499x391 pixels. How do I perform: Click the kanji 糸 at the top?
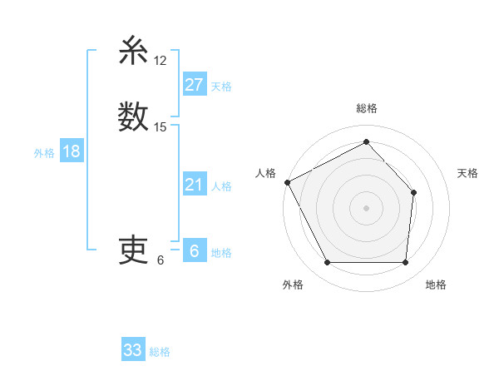[x=133, y=52]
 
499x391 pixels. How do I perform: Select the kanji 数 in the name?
[x=133, y=116]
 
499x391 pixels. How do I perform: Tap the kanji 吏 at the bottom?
[x=133, y=249]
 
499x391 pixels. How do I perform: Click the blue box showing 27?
[x=194, y=84]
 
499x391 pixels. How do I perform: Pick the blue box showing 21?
[x=194, y=185]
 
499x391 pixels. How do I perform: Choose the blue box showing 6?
[x=194, y=251]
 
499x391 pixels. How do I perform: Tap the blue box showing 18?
[x=71, y=151]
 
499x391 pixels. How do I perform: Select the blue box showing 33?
[x=132, y=350]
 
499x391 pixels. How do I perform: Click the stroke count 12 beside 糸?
[x=161, y=61]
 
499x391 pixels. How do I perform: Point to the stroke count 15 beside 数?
[x=161, y=127]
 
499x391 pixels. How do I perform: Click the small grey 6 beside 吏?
[x=161, y=260]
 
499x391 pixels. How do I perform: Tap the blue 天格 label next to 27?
[x=221, y=86]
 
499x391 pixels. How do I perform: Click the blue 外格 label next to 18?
[x=44, y=153]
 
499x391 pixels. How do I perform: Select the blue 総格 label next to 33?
[x=160, y=352]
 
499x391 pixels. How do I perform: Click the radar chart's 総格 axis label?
[x=366, y=108]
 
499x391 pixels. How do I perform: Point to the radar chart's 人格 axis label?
[x=265, y=173]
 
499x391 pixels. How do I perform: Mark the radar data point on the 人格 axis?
[x=288, y=182]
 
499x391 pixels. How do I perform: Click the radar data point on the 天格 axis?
[x=413, y=192]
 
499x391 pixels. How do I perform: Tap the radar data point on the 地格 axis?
[x=405, y=263]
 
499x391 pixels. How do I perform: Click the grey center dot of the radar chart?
[x=366, y=207]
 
